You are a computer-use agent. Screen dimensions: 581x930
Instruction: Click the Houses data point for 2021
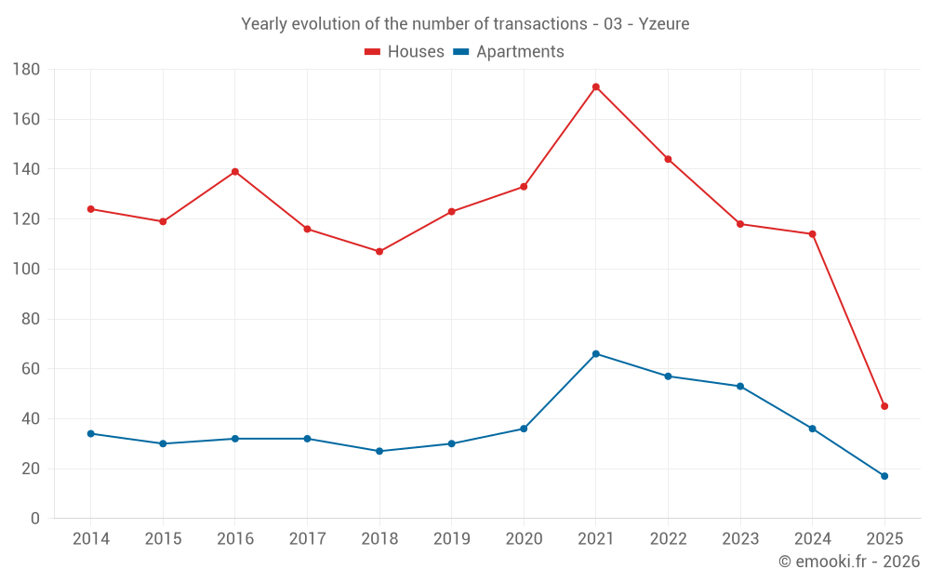(x=596, y=86)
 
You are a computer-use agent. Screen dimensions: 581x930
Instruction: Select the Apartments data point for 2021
(x=596, y=354)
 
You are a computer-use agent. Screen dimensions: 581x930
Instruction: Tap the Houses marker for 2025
(x=884, y=406)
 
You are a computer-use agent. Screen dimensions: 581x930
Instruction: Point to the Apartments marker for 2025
(x=884, y=476)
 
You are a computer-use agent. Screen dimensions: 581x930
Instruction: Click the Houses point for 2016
(x=235, y=172)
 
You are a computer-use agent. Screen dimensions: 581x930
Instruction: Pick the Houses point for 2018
(x=379, y=252)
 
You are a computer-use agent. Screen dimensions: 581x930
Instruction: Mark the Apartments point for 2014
(x=91, y=433)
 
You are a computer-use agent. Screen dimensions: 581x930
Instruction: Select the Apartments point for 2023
(x=740, y=386)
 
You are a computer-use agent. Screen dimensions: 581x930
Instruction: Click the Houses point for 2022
(x=668, y=159)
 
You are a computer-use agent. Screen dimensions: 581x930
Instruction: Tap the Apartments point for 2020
(x=524, y=429)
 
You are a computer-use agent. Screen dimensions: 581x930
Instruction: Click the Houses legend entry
(x=405, y=52)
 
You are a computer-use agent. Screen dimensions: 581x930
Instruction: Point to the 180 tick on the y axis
(x=26, y=70)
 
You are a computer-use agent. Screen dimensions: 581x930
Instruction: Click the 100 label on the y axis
(x=26, y=270)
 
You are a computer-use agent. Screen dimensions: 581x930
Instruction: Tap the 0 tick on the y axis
(x=34, y=519)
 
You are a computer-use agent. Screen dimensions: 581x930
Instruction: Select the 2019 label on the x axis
(x=451, y=539)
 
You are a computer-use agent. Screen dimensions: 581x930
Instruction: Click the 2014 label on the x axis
(x=91, y=539)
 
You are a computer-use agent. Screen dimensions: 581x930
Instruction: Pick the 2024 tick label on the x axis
(x=812, y=539)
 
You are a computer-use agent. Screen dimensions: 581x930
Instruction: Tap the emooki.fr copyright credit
(x=849, y=561)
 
